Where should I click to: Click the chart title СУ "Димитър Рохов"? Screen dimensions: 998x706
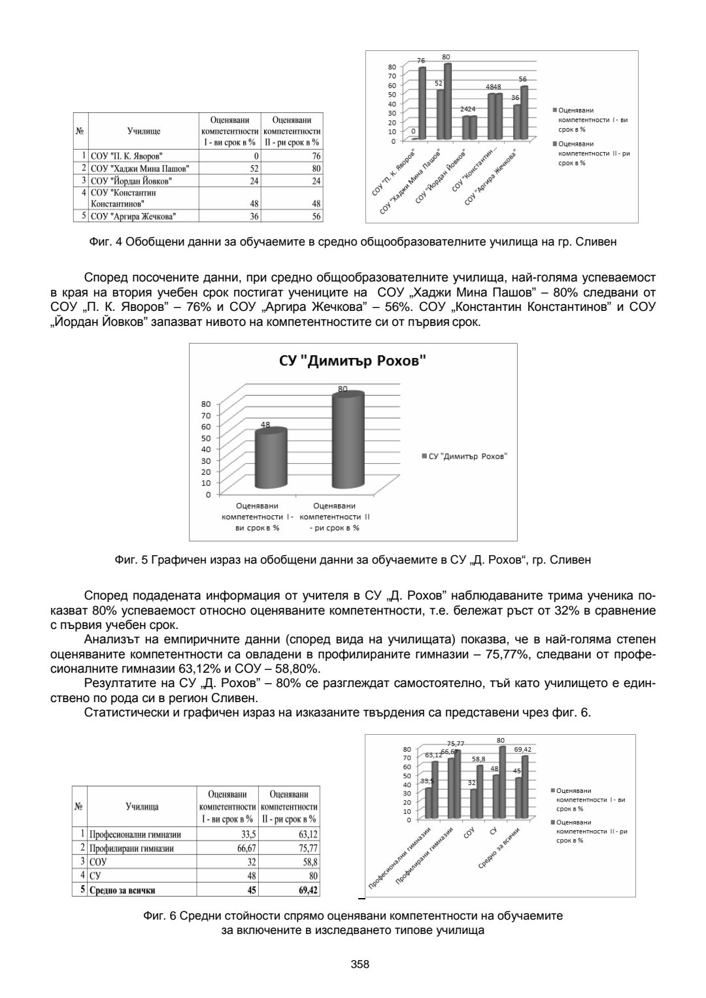[352, 361]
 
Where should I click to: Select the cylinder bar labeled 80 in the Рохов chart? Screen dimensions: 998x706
[347, 441]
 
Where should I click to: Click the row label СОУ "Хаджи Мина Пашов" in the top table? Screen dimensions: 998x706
[140, 169]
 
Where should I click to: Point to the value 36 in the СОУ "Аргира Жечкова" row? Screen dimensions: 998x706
[255, 216]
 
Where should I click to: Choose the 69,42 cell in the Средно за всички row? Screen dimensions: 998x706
[304, 890]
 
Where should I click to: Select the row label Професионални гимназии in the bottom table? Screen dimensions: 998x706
[135, 835]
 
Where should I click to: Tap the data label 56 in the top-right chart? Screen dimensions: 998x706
[522, 79]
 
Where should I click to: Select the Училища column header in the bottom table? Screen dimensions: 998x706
[142, 807]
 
